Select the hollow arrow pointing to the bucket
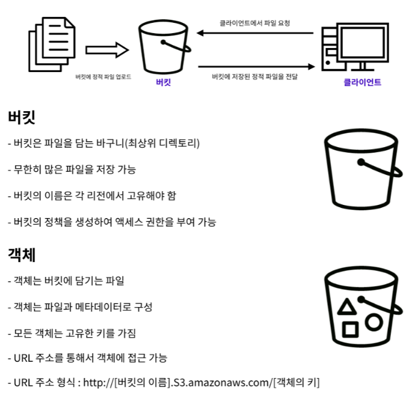pos(107,50)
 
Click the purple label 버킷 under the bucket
pos(163,82)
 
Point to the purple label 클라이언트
pos(362,82)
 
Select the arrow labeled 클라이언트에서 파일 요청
pos(256,34)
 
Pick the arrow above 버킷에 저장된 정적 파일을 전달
pos(256,67)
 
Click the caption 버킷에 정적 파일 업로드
pos(103,78)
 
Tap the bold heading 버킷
pos(23,117)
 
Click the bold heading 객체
pos(22,254)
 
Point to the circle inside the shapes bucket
pos(374,322)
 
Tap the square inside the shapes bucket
pos(350,329)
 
